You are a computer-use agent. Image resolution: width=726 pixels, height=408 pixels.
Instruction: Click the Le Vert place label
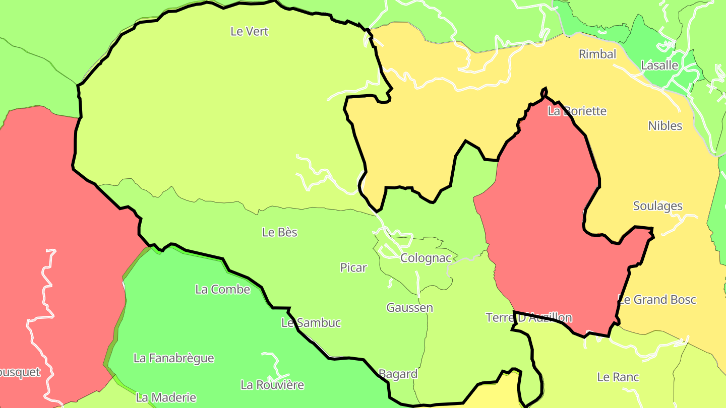[250, 31]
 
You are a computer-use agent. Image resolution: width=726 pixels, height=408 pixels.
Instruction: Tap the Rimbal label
[597, 54]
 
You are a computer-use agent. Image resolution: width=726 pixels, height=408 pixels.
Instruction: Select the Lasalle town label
[659, 65]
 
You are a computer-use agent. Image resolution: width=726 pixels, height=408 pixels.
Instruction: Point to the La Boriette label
[577, 111]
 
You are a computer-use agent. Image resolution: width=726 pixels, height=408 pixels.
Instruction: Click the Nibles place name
[665, 125]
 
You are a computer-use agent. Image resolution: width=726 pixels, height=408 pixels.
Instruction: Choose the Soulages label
[658, 206]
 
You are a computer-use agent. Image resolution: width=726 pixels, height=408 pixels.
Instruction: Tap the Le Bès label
[280, 232]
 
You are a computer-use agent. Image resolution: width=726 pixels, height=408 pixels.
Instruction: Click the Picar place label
[353, 267]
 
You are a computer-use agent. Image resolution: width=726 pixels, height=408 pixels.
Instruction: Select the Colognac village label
[426, 258]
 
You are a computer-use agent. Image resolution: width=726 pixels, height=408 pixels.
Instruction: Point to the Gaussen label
[409, 307]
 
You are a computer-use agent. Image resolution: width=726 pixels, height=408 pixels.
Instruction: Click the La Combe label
[222, 289]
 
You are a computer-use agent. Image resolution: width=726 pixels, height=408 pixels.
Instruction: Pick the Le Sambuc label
[311, 323]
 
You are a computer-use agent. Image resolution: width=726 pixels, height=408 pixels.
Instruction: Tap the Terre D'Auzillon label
[529, 317]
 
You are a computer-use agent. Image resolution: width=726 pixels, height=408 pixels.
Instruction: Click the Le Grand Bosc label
[657, 300]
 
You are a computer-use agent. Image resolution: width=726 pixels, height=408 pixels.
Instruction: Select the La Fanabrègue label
[173, 358]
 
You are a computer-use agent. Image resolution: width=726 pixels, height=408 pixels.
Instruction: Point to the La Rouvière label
[272, 385]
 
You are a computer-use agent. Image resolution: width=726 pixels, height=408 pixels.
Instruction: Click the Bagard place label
[398, 374]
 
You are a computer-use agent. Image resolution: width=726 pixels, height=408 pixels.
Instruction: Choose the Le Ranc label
[618, 377]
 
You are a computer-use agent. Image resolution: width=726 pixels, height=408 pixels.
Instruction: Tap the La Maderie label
[166, 397]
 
